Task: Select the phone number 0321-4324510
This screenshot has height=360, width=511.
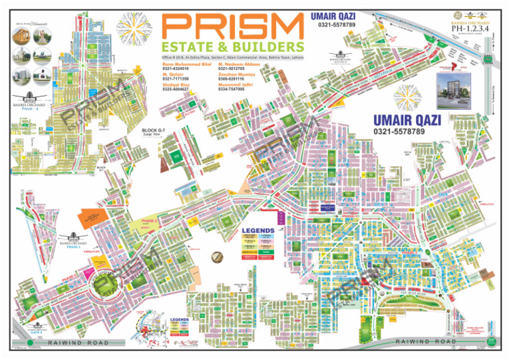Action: click(x=176, y=69)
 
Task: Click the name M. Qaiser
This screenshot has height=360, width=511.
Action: click(x=170, y=75)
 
